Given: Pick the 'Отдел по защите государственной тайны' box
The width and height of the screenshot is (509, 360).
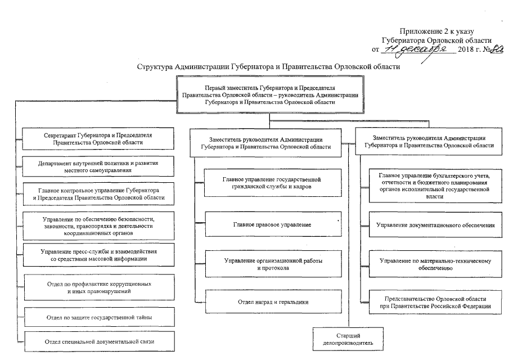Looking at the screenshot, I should [99, 317].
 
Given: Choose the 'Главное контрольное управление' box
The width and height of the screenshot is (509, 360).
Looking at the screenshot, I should [99, 193].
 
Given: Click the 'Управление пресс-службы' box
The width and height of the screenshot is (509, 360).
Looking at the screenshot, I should [99, 255].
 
